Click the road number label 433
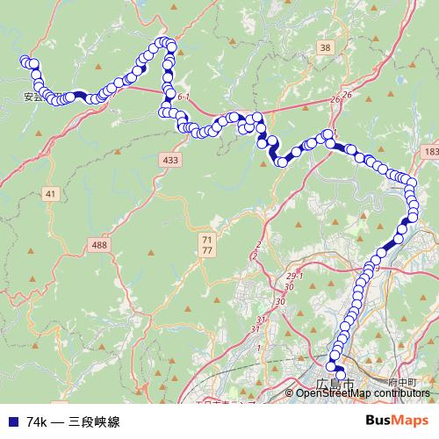click(x=170, y=160)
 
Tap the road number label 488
click(x=99, y=245)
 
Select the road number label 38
click(x=326, y=47)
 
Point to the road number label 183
click(x=429, y=152)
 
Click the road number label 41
click(x=49, y=193)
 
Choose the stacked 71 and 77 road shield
click(x=207, y=245)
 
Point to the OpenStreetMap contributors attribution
click(x=363, y=393)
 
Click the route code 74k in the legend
click(x=36, y=422)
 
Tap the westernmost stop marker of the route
click(x=25, y=61)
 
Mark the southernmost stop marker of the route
click(x=342, y=376)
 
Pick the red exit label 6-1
click(x=184, y=97)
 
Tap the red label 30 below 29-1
click(x=281, y=301)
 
